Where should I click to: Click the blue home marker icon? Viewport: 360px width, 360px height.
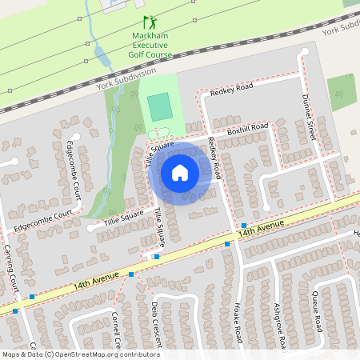coord(180,172)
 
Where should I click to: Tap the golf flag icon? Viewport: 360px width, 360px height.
coord(148,22)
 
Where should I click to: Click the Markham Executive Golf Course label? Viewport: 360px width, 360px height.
coord(149,46)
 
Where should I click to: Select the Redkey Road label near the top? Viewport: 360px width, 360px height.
coord(231,89)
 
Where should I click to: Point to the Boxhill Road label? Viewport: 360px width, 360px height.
coord(247,127)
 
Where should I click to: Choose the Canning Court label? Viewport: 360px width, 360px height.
coord(14,271)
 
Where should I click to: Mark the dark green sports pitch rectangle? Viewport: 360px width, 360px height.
coord(159,106)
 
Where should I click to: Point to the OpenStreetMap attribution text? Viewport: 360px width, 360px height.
coord(80,354)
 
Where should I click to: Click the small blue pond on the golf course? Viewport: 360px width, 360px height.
coord(99,54)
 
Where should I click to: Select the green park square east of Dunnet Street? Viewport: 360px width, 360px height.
coord(342,92)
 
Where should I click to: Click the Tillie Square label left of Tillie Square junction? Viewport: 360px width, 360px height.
coord(122,216)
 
